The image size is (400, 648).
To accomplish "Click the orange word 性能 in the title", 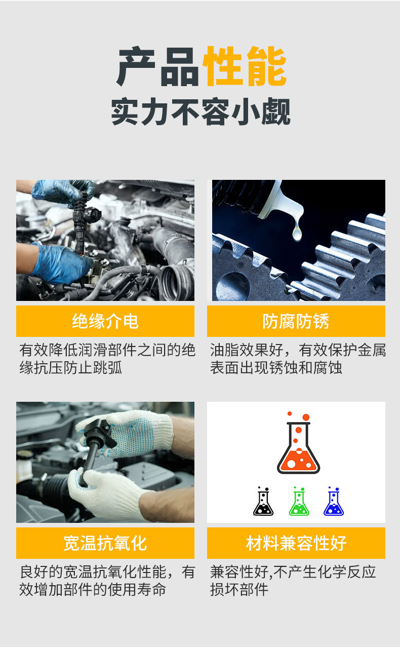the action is pos(245,66).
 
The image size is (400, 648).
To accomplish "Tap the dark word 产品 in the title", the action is pos(158,66).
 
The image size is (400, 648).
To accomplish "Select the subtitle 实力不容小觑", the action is pos(201,111).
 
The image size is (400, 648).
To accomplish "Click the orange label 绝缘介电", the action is pos(105,321).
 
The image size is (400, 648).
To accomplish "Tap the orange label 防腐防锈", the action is pos(296,321).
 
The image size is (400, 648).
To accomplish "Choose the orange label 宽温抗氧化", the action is pos(105,543).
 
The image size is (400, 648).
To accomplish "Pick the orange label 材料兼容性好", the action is pos(296,543).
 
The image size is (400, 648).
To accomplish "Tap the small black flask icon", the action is pos(263,501).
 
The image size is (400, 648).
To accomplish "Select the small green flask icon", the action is pos(299,501).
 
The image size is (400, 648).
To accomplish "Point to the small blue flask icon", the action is pos(334,501).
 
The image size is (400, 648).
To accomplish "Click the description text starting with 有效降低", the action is pos(107,359).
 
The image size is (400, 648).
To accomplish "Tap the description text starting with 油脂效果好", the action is pos(298,359).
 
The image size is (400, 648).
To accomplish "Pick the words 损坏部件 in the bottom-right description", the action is pos(239,590).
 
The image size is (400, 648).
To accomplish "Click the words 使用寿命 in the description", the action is pos(137,590).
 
